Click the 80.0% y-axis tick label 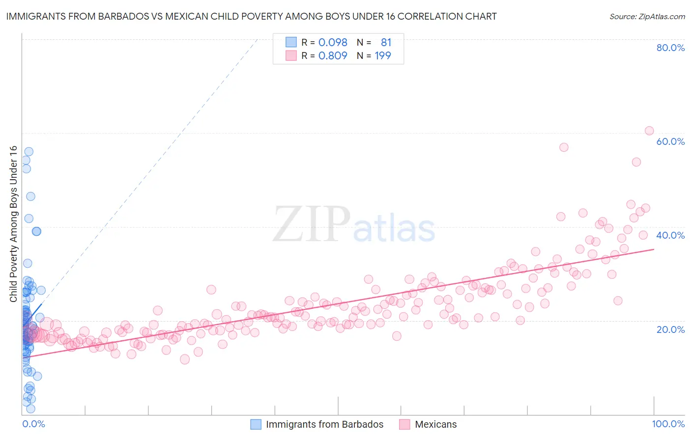(x=670, y=48)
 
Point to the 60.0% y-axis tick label (x=670, y=141)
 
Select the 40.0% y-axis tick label (x=670, y=235)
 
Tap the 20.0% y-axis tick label (x=670, y=329)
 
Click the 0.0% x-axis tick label (x=33, y=424)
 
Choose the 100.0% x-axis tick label (x=668, y=424)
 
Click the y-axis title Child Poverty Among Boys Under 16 (x=13, y=224)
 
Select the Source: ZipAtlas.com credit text (x=647, y=16)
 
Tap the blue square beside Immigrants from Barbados (x=256, y=424)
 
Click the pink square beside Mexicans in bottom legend (x=404, y=424)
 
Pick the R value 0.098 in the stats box (x=333, y=43)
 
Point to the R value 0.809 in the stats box (x=333, y=56)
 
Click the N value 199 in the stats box (x=383, y=56)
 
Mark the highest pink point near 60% (x=649, y=131)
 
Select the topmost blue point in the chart (x=29, y=152)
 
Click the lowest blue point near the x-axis (x=30, y=409)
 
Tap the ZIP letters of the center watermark (x=311, y=224)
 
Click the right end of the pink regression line (x=654, y=249)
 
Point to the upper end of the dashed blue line (x=258, y=39)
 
